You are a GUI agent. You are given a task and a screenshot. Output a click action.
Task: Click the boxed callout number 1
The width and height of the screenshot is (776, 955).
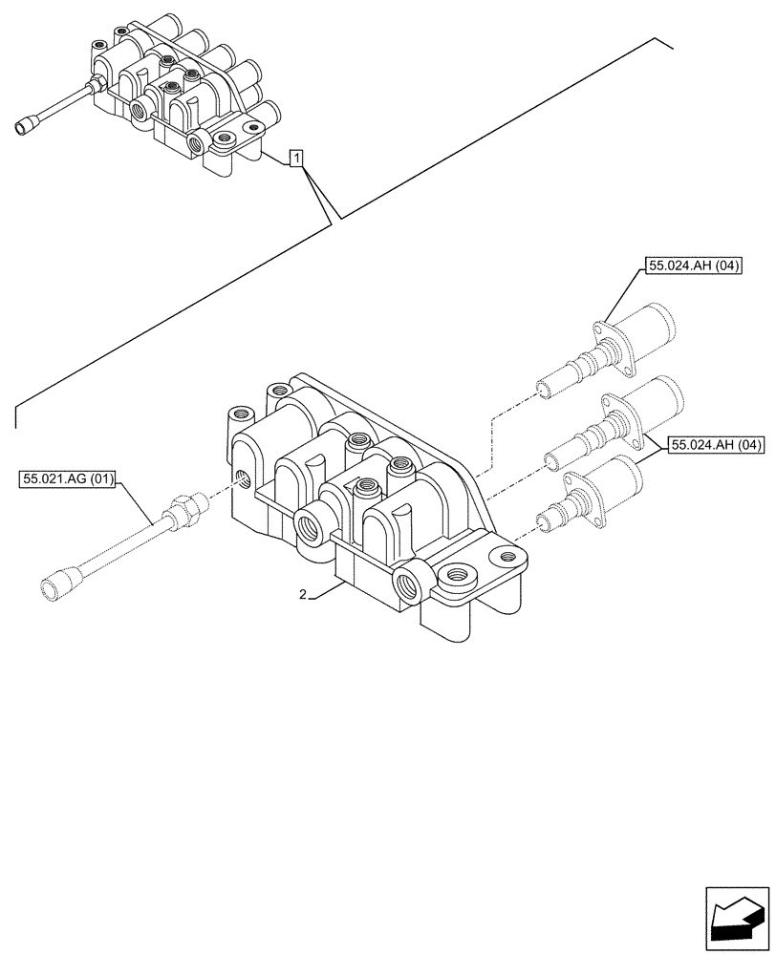[297, 159]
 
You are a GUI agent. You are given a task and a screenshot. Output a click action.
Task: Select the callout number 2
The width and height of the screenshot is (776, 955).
[303, 595]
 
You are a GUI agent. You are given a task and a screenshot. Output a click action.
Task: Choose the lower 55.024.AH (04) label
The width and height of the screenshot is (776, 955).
[716, 444]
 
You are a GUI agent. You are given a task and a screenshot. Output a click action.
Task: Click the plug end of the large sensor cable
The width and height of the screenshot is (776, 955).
[58, 586]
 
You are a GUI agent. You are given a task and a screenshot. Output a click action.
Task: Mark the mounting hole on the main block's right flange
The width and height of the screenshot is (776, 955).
[456, 576]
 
